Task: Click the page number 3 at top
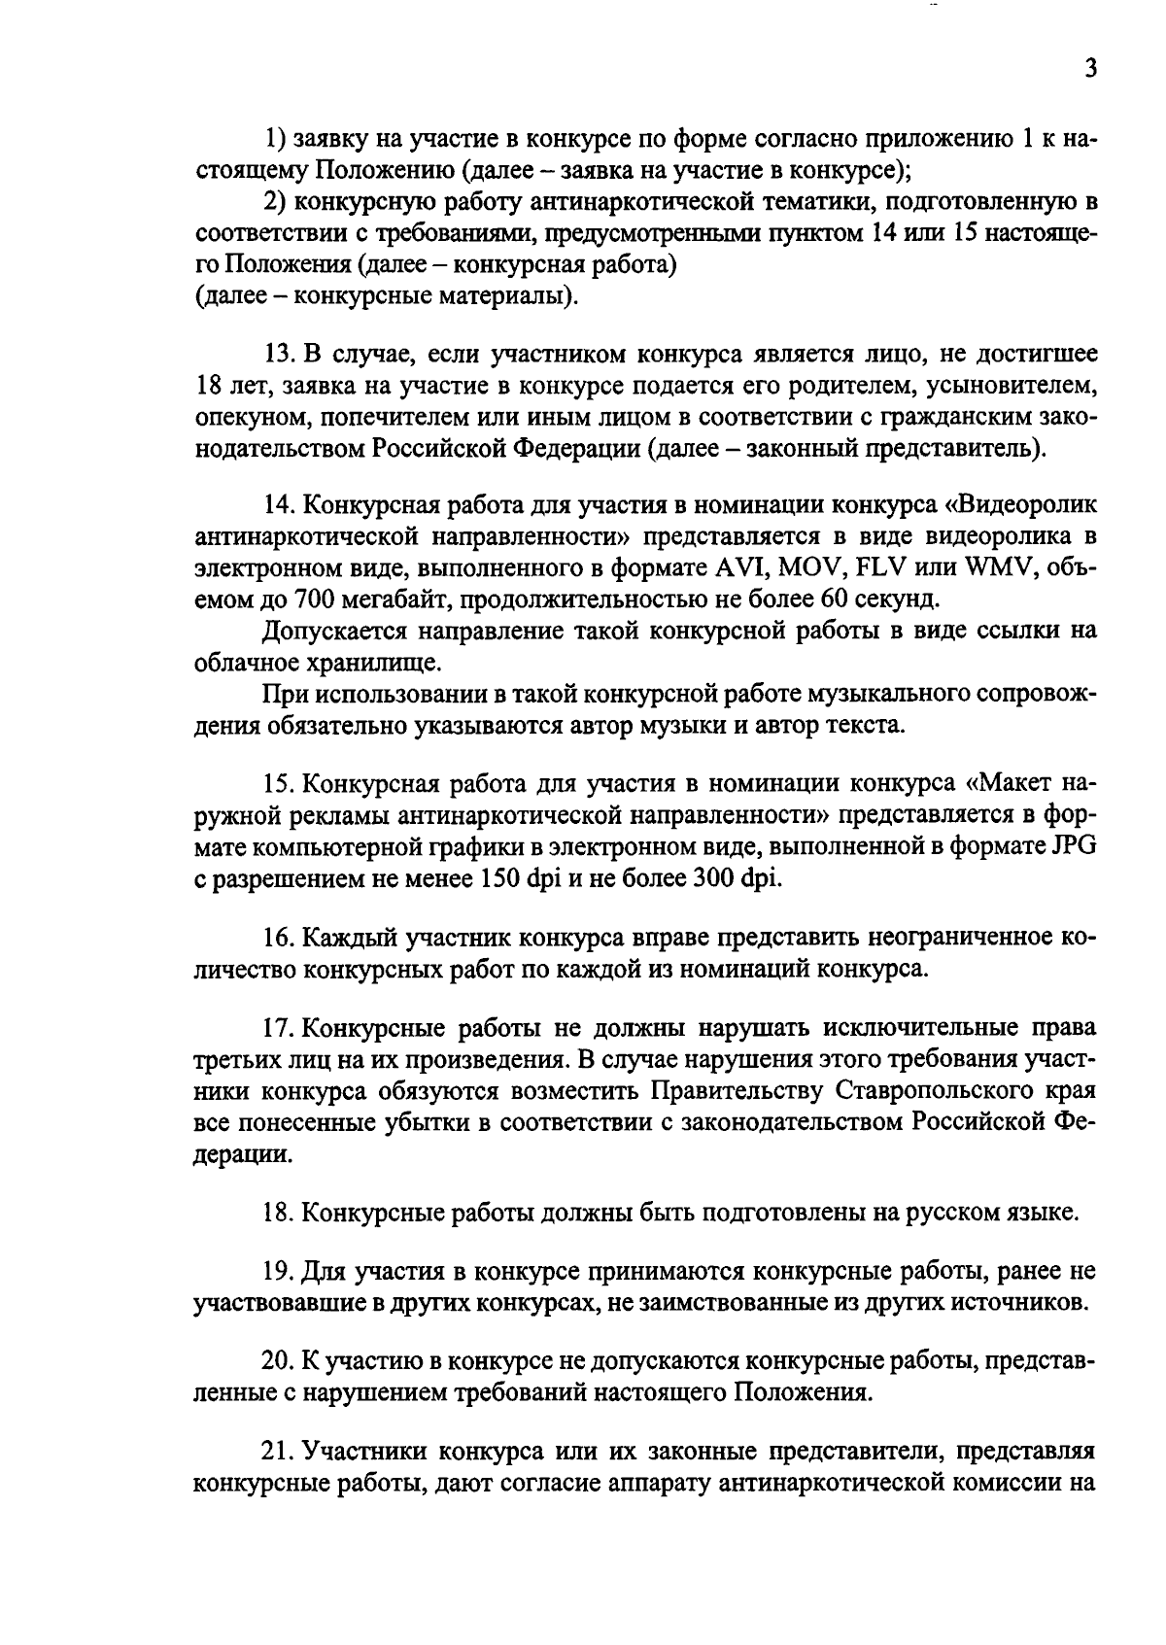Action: coord(1089,70)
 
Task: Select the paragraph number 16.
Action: coord(278,939)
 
